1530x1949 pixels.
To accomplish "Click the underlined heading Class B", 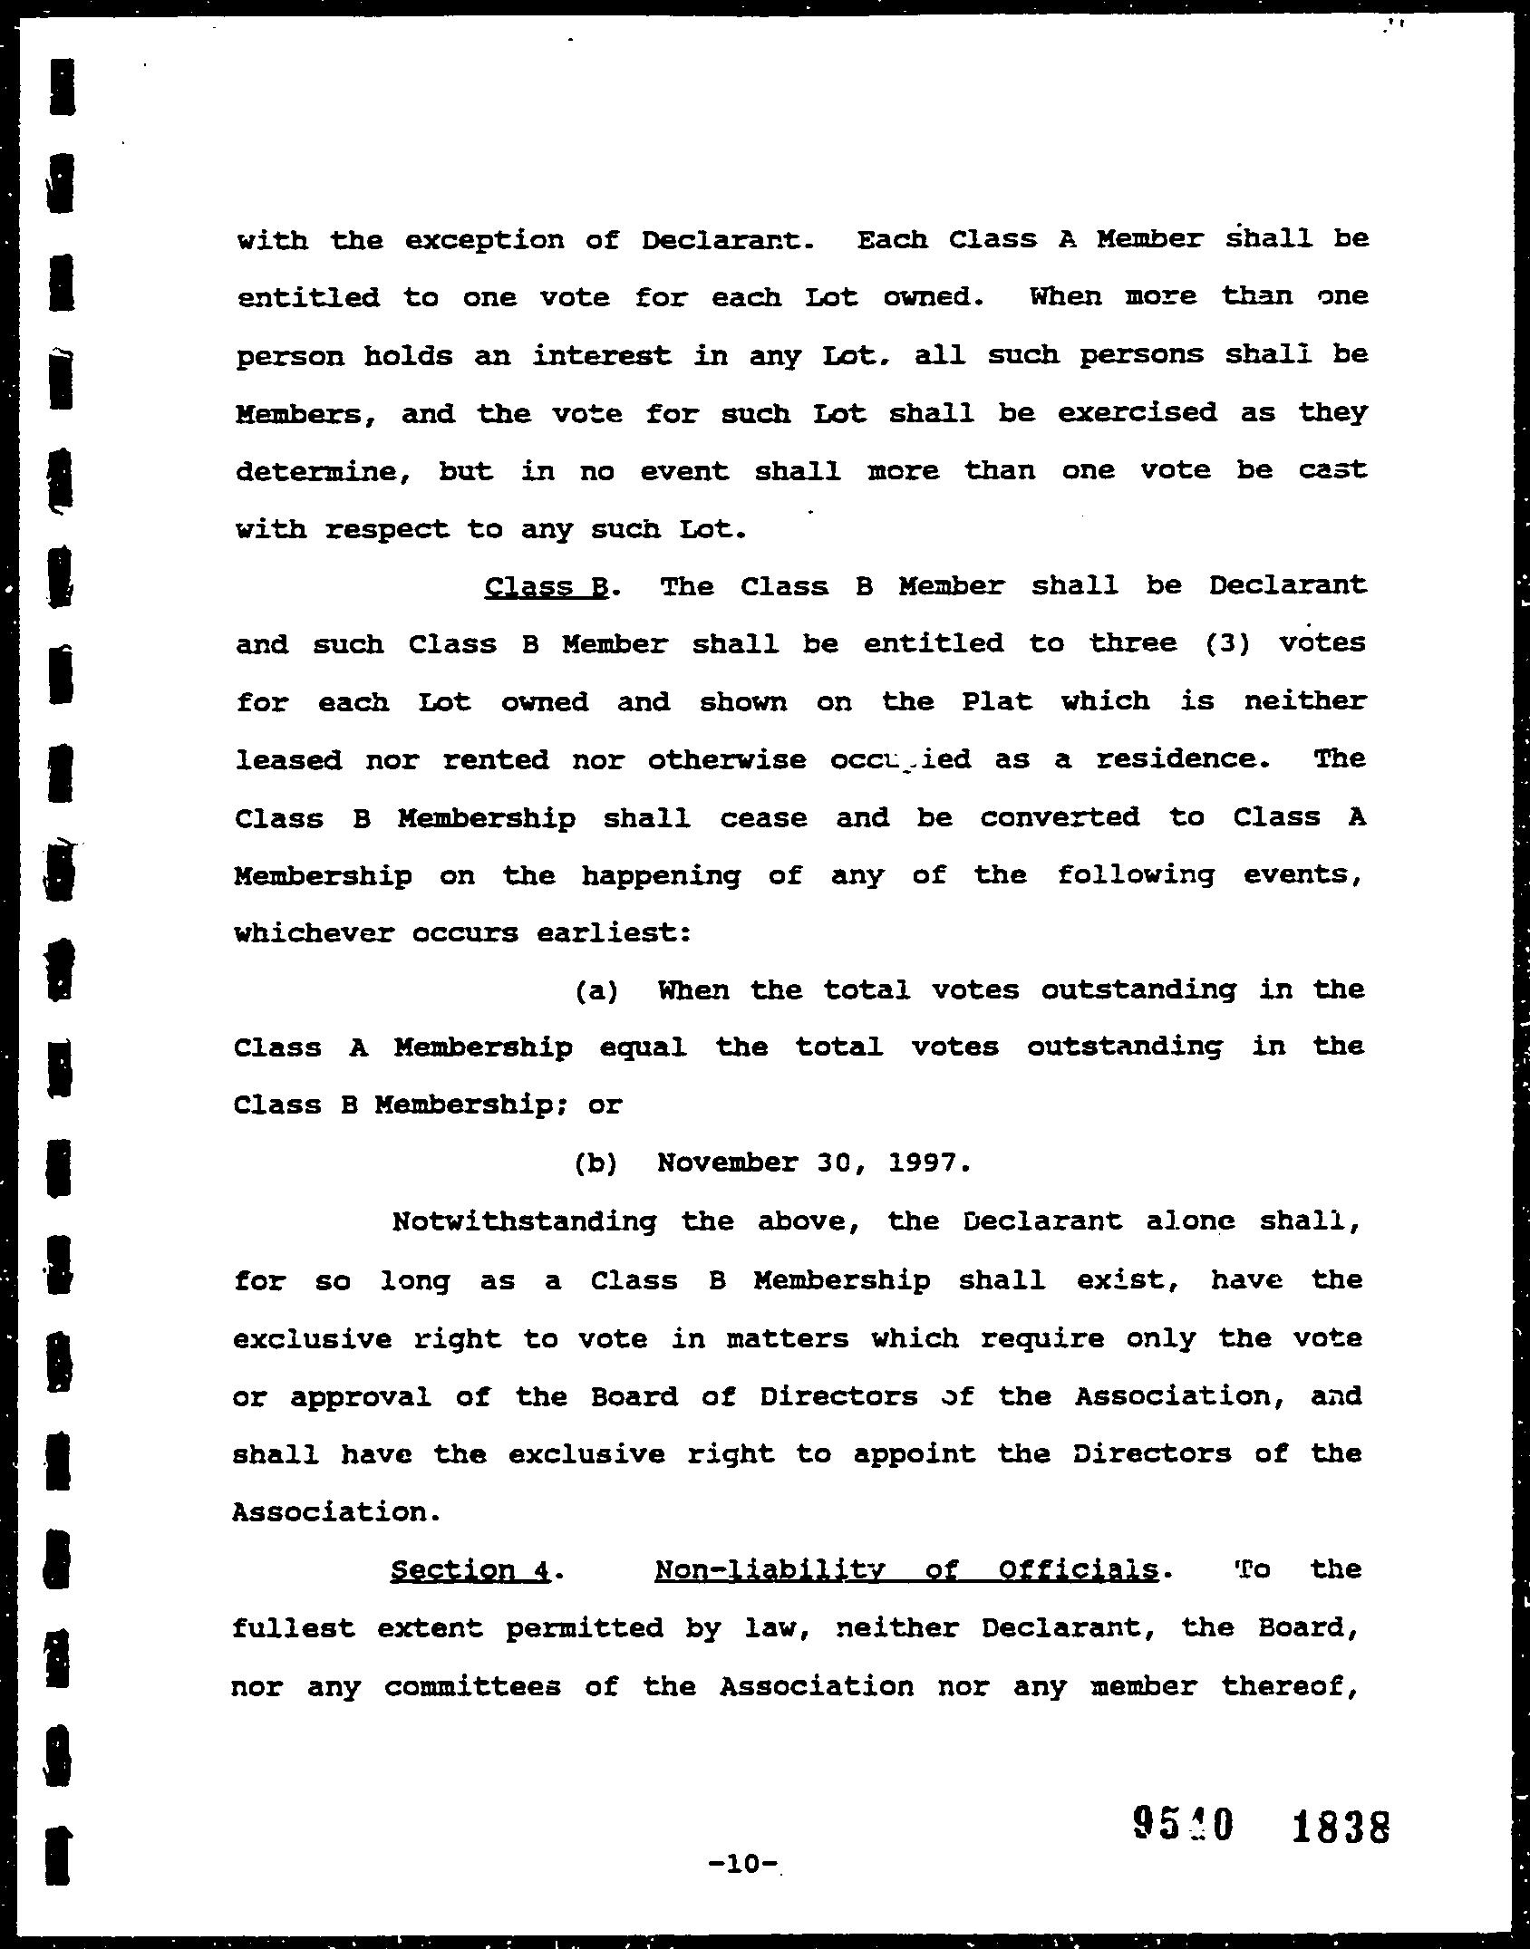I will coord(546,586).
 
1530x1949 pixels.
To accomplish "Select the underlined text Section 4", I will coord(470,1569).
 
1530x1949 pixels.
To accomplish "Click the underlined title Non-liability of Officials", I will coord(905,1569).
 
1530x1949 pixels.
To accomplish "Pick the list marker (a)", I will coord(596,989).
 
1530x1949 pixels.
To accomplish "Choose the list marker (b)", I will coord(596,1163).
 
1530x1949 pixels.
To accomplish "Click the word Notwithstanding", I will coord(524,1221).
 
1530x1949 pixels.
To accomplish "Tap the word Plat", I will coord(995,701).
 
